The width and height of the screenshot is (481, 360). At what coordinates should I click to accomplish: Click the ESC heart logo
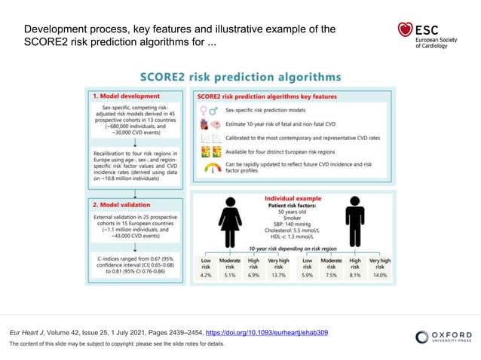(406, 31)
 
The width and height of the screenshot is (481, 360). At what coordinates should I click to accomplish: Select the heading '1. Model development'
(126, 96)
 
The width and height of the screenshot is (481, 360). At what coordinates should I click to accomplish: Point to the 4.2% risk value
(205, 276)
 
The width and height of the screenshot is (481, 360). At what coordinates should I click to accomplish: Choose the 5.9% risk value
(306, 276)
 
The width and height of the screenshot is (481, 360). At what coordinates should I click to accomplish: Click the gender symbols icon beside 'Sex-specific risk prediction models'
(207, 111)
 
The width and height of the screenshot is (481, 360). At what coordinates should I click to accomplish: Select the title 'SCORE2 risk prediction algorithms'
(240, 77)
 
